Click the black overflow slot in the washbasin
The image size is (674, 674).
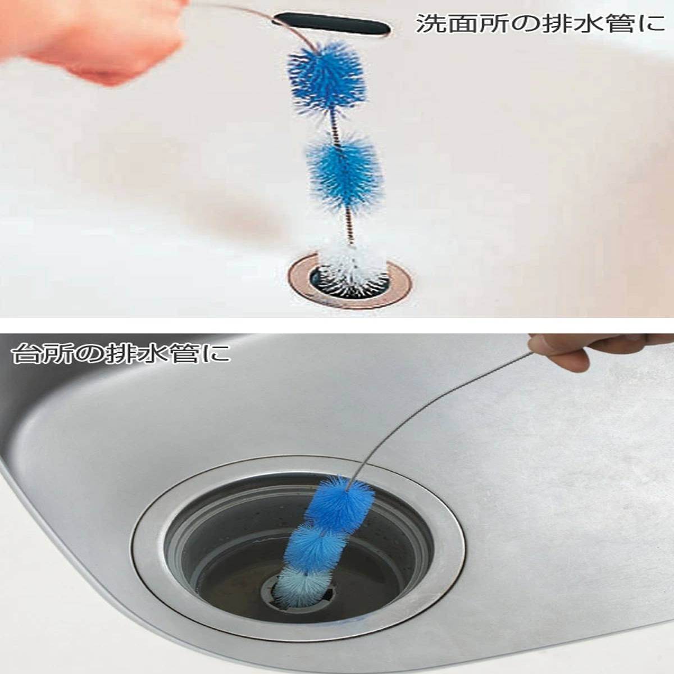[x=331, y=24]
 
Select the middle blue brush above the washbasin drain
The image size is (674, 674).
[x=344, y=171]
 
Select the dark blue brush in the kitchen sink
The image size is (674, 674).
[x=339, y=504]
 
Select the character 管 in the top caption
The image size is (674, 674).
[x=619, y=24]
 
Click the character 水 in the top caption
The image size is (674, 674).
[x=588, y=24]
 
